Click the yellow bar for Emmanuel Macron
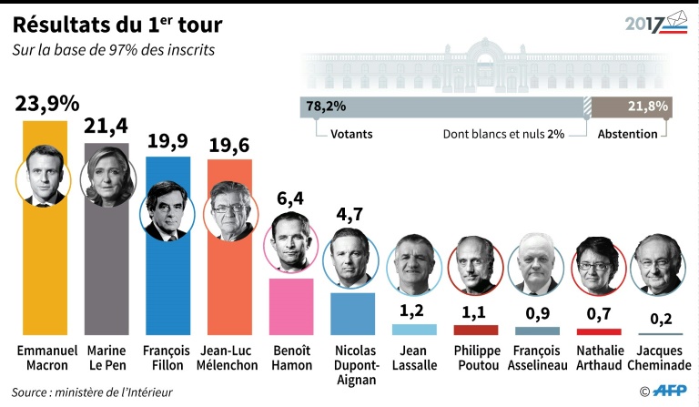[x=45, y=273]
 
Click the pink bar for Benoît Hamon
[x=291, y=307]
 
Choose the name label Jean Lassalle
[x=414, y=358]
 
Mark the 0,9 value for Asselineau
[x=537, y=311]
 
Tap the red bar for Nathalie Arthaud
[x=599, y=331]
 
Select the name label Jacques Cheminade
[x=660, y=358]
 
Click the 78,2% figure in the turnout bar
[x=326, y=107]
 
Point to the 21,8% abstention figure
[x=648, y=107]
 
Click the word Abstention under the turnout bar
[x=627, y=134]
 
